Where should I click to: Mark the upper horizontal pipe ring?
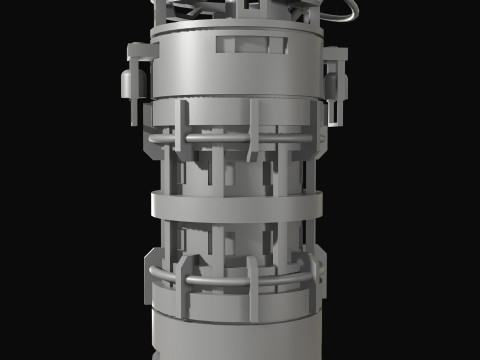240,129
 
